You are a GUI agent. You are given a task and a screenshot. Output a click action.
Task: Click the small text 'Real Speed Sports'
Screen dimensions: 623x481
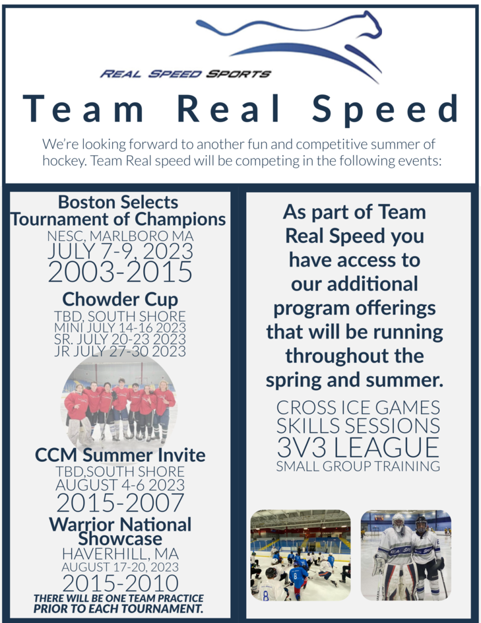(185, 74)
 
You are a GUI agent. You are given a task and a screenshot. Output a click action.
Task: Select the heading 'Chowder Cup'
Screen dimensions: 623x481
(120, 299)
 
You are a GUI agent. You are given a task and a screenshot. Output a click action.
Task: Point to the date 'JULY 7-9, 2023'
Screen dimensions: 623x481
(119, 251)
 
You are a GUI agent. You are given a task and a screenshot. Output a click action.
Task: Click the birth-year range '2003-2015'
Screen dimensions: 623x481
(119, 271)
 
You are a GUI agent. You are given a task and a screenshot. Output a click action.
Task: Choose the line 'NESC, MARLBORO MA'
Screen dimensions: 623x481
(119, 236)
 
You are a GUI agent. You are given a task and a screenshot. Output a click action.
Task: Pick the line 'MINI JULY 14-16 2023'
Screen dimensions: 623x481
(119, 327)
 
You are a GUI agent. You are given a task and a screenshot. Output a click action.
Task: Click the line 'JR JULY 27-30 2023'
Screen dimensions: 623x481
(119, 351)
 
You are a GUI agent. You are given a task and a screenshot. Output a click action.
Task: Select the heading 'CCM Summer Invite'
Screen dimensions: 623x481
(119, 455)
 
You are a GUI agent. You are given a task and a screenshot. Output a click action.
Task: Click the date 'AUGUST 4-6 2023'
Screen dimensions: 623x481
(119, 485)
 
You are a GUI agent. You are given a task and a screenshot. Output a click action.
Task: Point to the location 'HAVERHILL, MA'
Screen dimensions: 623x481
(119, 554)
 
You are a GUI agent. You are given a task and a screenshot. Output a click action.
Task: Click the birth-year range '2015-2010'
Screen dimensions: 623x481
(119, 583)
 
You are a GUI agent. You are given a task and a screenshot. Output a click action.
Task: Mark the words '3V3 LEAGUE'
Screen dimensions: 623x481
(358, 447)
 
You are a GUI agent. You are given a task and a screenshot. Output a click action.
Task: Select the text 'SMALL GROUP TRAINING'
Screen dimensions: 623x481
(358, 467)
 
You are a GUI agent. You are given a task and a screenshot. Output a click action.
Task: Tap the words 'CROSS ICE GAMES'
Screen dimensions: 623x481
(358, 407)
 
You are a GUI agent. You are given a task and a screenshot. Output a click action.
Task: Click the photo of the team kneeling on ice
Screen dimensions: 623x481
(301, 555)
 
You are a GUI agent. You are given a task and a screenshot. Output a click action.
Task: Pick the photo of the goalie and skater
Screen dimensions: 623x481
(406, 555)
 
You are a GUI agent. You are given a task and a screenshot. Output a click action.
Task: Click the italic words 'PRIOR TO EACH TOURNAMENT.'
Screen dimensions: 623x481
(118, 608)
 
